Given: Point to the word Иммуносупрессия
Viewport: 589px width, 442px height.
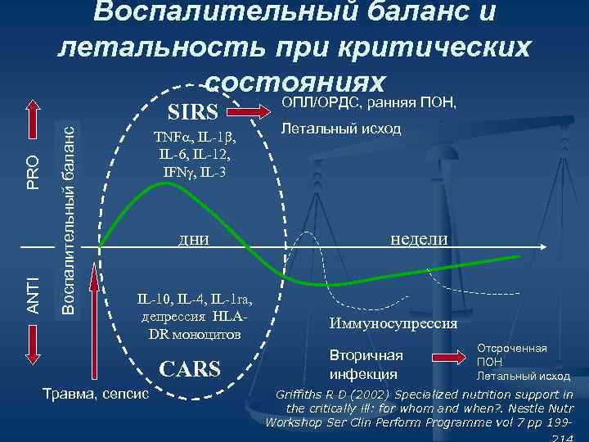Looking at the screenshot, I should click(x=393, y=322).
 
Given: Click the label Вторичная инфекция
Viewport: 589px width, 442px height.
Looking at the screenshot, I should click(x=366, y=365).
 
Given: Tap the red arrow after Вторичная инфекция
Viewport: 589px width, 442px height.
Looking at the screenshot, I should click(x=445, y=358).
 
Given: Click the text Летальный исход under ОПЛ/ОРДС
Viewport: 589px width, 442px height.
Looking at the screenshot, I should click(x=341, y=129).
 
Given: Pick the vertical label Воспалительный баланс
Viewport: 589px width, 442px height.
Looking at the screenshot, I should click(x=71, y=214).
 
